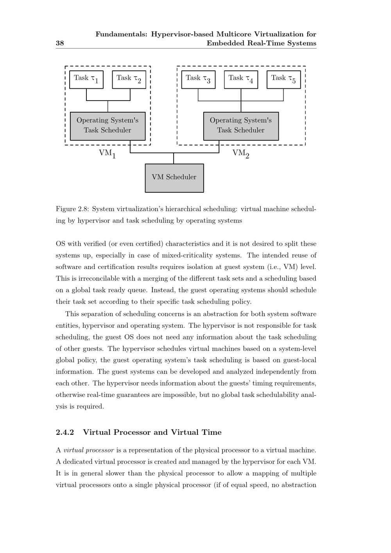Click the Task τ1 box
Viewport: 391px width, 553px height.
tap(86, 79)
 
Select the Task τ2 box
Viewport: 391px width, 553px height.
tap(129, 79)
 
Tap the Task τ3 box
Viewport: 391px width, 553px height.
tap(198, 79)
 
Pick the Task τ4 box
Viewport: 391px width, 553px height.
tap(241, 79)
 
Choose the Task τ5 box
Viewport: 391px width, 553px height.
tap(283, 79)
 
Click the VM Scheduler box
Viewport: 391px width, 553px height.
tap(174, 178)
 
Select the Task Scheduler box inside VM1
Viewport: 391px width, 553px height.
tap(108, 126)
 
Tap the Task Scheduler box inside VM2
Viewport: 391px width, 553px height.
tap(241, 126)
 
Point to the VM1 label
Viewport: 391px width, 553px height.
tap(107, 153)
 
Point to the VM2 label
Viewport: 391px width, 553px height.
tap(241, 153)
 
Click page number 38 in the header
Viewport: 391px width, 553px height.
tap(60, 43)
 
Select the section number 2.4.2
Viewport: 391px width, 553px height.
tap(65, 432)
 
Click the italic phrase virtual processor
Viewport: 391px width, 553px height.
tap(89, 450)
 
